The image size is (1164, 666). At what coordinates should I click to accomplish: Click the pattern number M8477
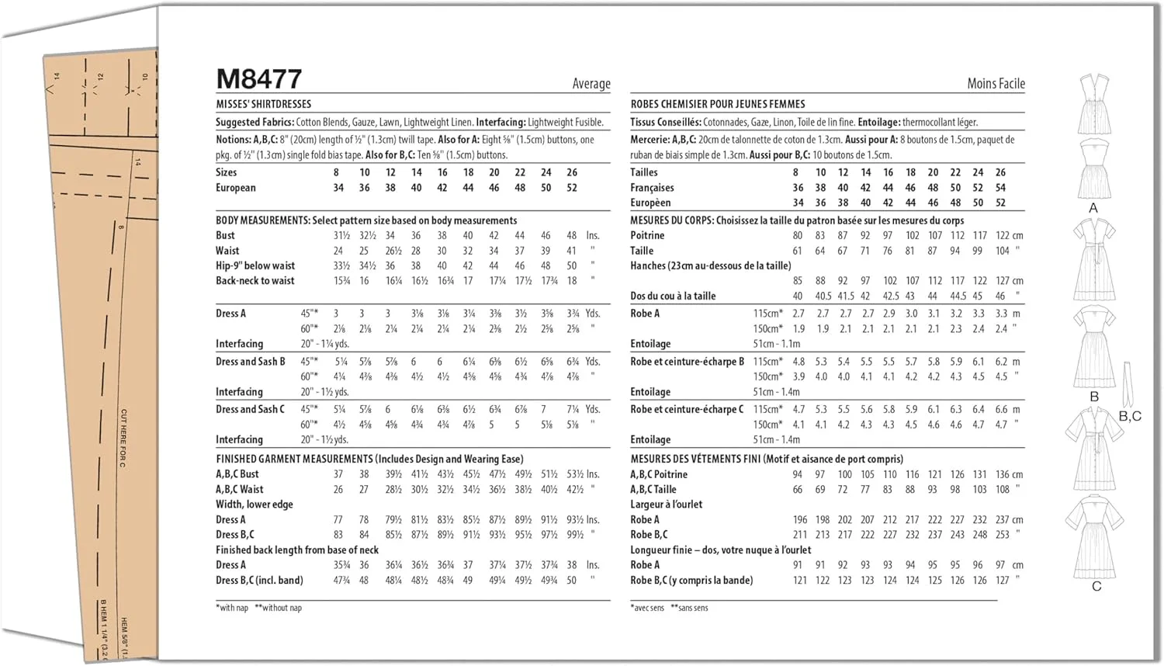tap(258, 79)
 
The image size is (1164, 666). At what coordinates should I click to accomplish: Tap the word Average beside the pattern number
tap(591, 84)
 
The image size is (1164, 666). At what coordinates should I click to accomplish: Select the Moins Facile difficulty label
tap(996, 83)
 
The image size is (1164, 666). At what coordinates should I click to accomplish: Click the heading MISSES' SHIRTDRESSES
tap(263, 104)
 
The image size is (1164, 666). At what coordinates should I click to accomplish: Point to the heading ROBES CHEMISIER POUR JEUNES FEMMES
tap(718, 104)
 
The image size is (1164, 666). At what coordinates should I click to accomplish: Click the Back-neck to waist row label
tap(255, 280)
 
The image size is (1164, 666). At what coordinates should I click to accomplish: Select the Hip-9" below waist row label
tap(255, 265)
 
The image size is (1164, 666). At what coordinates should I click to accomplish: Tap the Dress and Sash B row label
tap(251, 361)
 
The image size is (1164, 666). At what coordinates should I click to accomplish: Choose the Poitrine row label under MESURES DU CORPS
tap(647, 235)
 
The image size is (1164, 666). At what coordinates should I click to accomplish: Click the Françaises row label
tap(652, 188)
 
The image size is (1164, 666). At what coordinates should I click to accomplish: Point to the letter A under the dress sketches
tap(1093, 208)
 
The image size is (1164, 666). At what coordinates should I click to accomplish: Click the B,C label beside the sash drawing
tap(1130, 416)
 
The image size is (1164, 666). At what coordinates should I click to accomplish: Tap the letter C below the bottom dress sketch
tap(1096, 586)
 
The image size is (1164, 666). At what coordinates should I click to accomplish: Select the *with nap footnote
tap(232, 608)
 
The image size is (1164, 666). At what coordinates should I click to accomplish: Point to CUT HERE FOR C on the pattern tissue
tap(123, 438)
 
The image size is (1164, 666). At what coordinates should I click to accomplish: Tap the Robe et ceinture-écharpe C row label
tap(687, 409)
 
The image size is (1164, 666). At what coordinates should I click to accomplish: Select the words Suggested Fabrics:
tap(255, 122)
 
